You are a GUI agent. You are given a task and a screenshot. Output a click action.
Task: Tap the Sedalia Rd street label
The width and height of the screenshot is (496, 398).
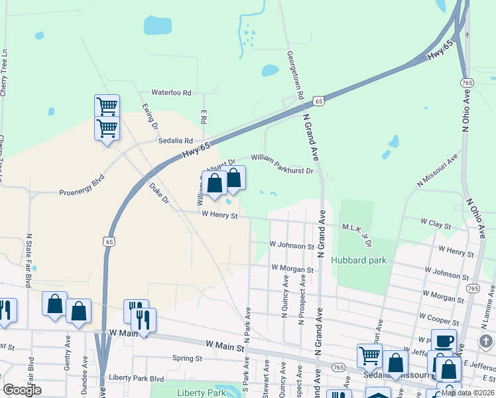(x=175, y=141)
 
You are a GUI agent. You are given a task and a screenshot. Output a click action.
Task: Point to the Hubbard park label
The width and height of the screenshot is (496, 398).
(x=359, y=261)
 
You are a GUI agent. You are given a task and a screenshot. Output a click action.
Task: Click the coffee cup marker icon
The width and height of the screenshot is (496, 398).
(x=444, y=341)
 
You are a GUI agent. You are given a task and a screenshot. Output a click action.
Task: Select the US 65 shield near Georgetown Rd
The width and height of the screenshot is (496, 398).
(x=319, y=101)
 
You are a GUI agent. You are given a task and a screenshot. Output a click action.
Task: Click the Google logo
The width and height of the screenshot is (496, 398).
(x=22, y=390)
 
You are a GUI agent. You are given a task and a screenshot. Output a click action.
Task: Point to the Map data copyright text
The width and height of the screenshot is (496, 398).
(x=467, y=393)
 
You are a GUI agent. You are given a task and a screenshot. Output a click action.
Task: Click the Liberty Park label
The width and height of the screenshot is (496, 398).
(x=202, y=393)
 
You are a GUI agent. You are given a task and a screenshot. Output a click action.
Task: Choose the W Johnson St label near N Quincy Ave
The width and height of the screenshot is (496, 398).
(x=292, y=245)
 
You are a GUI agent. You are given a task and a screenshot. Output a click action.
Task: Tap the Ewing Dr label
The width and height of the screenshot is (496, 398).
(x=151, y=115)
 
